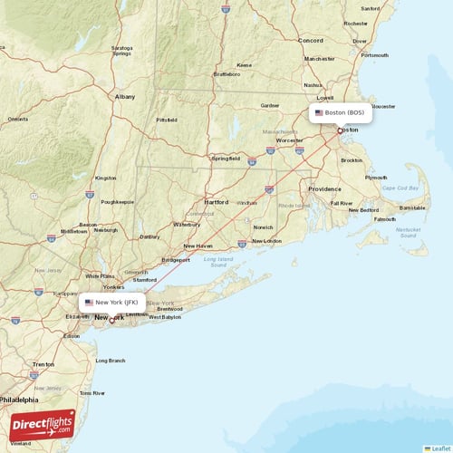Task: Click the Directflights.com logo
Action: coord(43,424)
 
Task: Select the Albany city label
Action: coord(125,95)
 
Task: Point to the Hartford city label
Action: coord(217,202)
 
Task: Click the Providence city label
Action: coord(324,188)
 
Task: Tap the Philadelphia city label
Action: coord(19,399)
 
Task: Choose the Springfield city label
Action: coord(226,158)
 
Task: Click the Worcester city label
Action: coord(289,140)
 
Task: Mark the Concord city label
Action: coord(311,41)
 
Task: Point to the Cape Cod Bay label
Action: coord(400,188)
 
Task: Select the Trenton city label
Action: coord(43,364)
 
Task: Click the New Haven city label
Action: coord(198,246)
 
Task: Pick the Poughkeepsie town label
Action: coord(118,202)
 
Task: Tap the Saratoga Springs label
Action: coord(121,50)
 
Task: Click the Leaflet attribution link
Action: coord(439,448)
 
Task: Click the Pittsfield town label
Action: coord(167,120)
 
